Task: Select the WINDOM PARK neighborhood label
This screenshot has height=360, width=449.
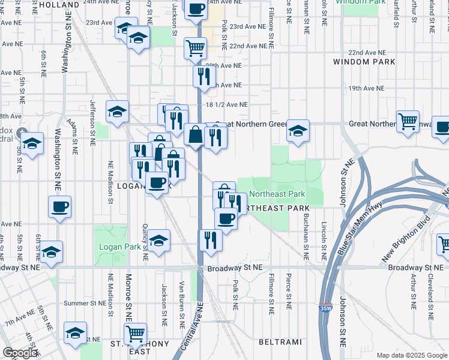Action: pyautogui.click(x=364, y=62)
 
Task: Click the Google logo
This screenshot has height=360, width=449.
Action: pyautogui.click(x=19, y=353)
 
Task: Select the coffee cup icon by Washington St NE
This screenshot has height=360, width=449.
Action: pyautogui.click(x=59, y=207)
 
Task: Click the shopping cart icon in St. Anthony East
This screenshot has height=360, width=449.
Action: pyautogui.click(x=135, y=332)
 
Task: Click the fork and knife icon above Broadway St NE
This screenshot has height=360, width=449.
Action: pyautogui.click(x=211, y=239)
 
